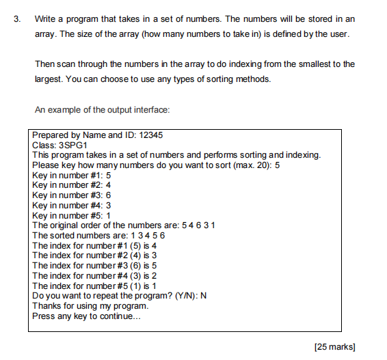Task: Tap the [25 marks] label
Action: (334, 347)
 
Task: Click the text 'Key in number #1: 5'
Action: (72, 176)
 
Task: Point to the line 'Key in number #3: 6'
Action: (72, 195)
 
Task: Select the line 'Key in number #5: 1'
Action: (72, 215)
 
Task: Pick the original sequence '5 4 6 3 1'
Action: (198, 225)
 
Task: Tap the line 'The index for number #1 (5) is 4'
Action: (95, 245)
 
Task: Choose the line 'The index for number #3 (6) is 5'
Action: (95, 266)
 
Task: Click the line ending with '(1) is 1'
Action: (95, 286)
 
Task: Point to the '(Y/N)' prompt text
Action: (182, 296)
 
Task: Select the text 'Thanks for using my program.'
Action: (90, 306)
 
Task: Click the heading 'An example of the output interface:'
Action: (102, 109)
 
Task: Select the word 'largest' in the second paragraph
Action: (48, 79)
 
